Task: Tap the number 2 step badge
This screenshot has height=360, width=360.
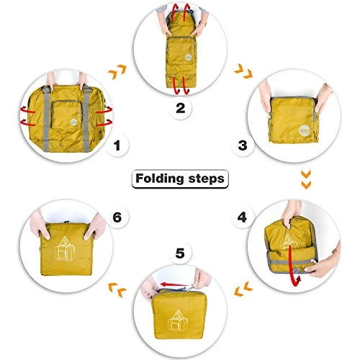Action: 180,109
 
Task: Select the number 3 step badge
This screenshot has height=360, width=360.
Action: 243,146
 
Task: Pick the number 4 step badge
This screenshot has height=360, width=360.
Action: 242,216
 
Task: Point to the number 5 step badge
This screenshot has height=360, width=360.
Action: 179,253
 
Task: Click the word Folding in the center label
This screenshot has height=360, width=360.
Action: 160,178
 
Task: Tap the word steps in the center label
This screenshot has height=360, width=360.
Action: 204,178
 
